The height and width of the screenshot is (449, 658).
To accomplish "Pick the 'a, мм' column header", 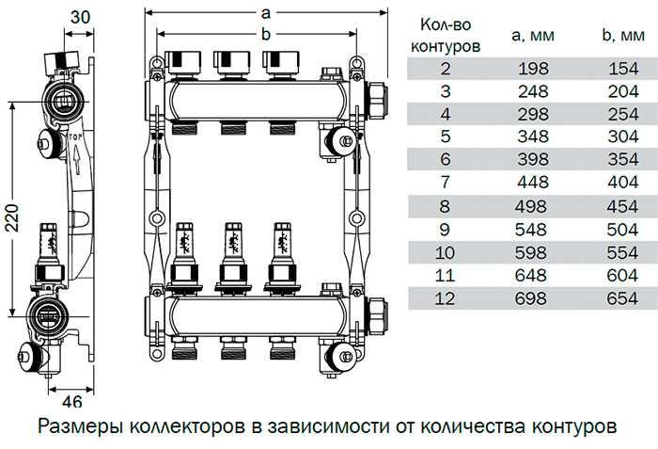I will coord(532,36).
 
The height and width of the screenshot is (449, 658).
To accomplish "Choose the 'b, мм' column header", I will coord(619,36).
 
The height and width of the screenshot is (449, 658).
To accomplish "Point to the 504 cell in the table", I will coord(619,229).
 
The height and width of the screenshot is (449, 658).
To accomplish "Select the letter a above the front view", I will coord(266,13).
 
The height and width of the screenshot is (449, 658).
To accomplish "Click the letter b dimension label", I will coord(266,35).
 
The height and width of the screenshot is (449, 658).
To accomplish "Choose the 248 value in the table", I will coord(532,90).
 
